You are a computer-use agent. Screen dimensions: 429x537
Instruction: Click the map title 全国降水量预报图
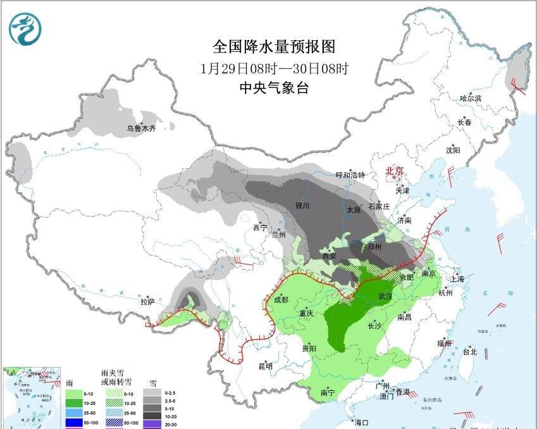click(x=273, y=47)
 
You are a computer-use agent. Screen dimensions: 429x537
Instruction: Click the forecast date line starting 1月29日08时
click(x=273, y=68)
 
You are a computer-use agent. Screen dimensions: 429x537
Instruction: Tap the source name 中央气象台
click(x=273, y=89)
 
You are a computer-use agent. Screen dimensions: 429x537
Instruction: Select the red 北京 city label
click(x=395, y=171)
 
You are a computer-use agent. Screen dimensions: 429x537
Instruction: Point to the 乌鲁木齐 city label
click(x=140, y=128)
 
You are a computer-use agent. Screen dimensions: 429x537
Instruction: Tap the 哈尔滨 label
click(x=471, y=99)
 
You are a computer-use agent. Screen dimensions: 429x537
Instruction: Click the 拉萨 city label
click(x=147, y=302)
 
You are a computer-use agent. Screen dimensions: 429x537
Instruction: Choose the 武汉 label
click(x=385, y=296)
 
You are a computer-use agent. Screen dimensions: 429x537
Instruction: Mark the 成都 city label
click(x=281, y=299)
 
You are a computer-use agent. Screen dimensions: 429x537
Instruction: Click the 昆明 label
click(x=265, y=366)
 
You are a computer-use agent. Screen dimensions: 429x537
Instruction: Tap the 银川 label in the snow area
click(x=302, y=206)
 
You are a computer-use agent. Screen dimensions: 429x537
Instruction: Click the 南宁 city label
click(x=327, y=393)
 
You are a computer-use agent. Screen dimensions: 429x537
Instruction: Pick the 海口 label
click(x=361, y=422)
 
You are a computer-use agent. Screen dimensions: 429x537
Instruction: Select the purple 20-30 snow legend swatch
click(x=152, y=422)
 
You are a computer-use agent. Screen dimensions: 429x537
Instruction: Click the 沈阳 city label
click(x=453, y=150)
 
